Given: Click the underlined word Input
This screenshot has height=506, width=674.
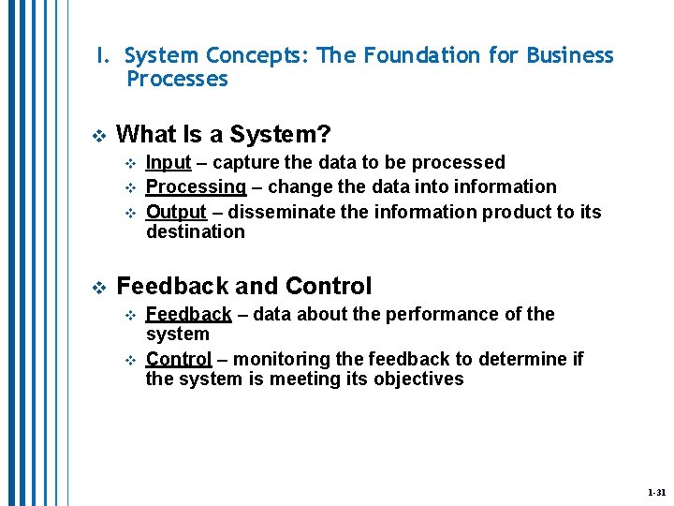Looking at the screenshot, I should [168, 163].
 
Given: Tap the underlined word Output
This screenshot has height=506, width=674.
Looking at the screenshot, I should [176, 211].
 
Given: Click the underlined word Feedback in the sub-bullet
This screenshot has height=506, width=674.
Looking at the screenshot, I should [189, 314].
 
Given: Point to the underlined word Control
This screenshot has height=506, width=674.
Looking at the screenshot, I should [179, 359].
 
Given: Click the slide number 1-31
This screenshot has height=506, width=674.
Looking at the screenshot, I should [655, 492].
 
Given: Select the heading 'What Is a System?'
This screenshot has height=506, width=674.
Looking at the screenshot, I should [224, 135].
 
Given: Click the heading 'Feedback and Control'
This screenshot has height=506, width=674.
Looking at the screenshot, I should [244, 286].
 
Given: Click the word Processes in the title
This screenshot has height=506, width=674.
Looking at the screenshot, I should [177, 79].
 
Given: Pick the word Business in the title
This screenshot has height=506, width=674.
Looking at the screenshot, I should [570, 55].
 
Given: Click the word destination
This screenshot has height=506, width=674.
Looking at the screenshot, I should [195, 231].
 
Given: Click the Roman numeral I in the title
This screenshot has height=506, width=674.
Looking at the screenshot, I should [100, 55].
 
